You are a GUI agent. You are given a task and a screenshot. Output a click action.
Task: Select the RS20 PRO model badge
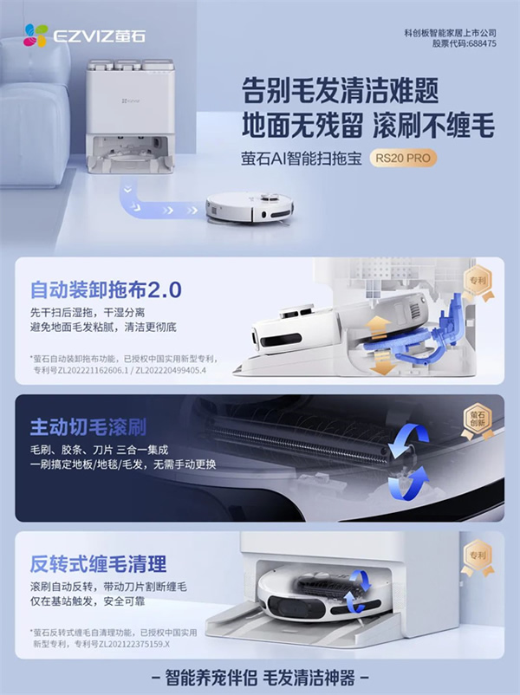pos(404,159)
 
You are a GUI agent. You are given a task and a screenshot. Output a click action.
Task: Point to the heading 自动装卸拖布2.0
pos(102,288)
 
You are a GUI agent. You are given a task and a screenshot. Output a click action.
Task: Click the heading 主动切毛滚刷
pos(88,427)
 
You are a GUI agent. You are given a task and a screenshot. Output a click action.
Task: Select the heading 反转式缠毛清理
pos(97,564)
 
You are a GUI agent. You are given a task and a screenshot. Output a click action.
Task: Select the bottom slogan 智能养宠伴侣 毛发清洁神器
pos(260,676)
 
